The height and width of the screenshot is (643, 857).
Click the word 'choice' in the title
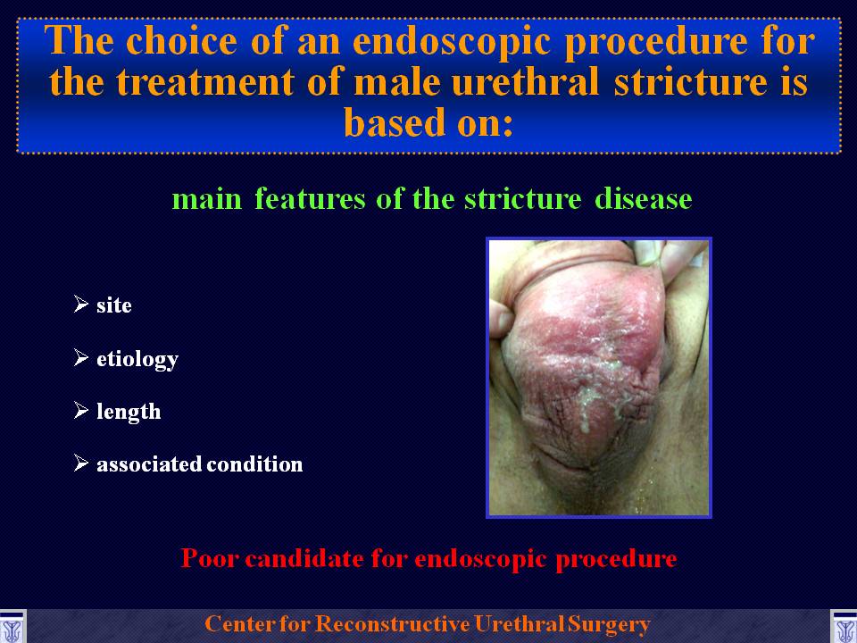coord(181,42)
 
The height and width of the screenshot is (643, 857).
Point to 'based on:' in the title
coord(428,122)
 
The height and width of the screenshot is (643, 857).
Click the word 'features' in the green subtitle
coord(310,198)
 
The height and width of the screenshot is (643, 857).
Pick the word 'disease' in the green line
coord(644,198)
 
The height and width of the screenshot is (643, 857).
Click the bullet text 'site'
coord(114,305)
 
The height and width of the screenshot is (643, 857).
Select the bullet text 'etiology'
coord(137,359)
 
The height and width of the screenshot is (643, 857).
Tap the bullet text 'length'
coord(129,411)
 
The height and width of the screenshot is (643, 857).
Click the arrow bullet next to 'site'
coord(81,304)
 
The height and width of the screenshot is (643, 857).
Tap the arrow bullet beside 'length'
coord(81,410)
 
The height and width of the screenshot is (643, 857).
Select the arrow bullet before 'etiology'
coord(81,357)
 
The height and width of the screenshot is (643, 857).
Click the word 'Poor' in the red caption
coord(209,557)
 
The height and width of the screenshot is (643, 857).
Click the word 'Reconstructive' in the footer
coord(392,624)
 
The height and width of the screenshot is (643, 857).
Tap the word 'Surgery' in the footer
coord(609,624)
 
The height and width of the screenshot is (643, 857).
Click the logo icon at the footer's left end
coord(12,627)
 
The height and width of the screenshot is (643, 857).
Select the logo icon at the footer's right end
coord(844,627)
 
